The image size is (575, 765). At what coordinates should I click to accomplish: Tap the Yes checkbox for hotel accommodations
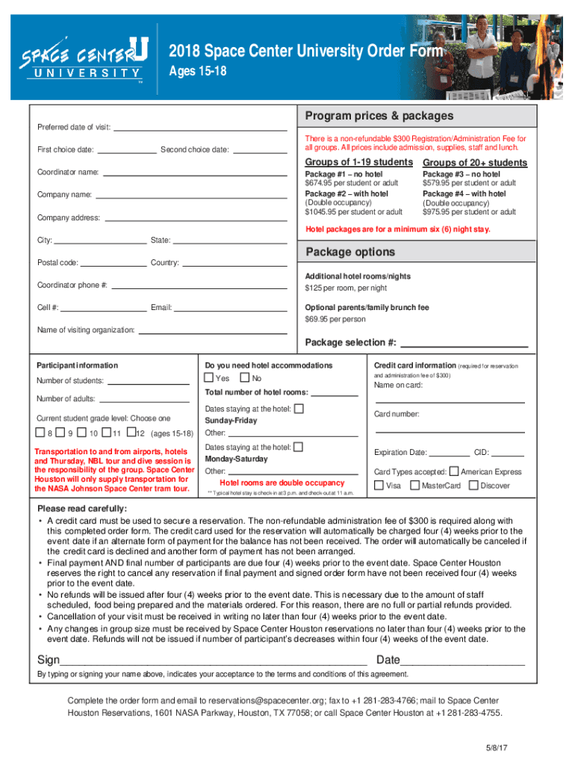point(208,378)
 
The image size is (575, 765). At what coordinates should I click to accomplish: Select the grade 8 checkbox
point(40,433)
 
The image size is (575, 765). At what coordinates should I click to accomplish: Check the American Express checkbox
point(454,471)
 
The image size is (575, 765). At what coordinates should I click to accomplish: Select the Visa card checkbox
point(379,486)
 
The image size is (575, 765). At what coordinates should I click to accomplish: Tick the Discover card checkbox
point(473,486)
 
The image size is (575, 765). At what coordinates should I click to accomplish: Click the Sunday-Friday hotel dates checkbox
point(299,409)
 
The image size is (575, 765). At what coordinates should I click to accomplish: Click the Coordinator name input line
point(194,173)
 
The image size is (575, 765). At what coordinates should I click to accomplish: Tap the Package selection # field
point(464,343)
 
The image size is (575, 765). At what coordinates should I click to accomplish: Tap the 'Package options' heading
point(346,252)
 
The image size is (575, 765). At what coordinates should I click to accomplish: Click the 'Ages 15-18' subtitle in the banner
point(198,72)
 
